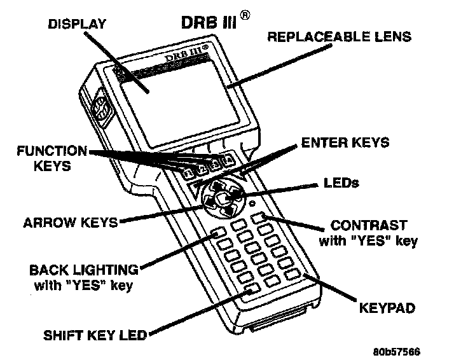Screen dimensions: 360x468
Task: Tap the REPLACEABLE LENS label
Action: [x=339, y=36]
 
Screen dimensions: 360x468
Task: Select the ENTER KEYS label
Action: [x=345, y=142]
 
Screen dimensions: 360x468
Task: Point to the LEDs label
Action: [x=342, y=184]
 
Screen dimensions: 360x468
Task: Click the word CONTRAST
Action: [x=369, y=226]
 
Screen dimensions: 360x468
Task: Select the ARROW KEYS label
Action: [x=71, y=223]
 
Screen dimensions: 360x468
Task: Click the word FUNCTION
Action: [x=53, y=151]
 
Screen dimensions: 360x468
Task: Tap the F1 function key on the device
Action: [x=188, y=172]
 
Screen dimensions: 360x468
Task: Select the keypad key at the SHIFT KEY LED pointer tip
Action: [x=250, y=291]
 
